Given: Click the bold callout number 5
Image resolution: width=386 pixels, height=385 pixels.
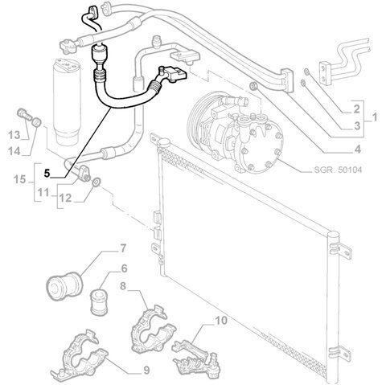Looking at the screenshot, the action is (x=47, y=174).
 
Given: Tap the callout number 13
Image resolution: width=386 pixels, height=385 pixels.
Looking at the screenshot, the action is (x=14, y=135).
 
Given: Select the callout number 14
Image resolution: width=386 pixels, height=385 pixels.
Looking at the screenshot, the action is (x=14, y=151).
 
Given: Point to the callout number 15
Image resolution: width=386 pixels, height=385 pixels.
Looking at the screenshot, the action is (x=19, y=179).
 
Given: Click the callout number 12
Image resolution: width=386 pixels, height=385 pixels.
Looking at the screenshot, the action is (x=65, y=199).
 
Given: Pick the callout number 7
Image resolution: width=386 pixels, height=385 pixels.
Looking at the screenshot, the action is (x=122, y=249).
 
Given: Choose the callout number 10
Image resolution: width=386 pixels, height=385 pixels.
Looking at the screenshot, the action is (x=221, y=321).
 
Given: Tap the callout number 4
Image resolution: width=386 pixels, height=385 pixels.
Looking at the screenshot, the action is (x=358, y=149).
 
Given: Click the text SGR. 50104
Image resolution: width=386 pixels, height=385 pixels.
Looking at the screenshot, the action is (x=338, y=170).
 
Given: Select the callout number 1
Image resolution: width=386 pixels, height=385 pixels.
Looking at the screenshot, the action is (x=375, y=117).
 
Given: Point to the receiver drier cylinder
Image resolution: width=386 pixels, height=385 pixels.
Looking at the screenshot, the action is (x=67, y=100).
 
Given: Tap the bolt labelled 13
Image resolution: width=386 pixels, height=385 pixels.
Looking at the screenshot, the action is (x=24, y=114).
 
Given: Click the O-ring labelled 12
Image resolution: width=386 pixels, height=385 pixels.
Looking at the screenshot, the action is (x=96, y=182).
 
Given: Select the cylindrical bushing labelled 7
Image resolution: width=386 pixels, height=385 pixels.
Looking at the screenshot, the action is (x=64, y=286).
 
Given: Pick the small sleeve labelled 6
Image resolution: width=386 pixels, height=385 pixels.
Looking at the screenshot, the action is (x=99, y=301).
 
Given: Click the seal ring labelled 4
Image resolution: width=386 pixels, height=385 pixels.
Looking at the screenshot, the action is (x=253, y=87).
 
